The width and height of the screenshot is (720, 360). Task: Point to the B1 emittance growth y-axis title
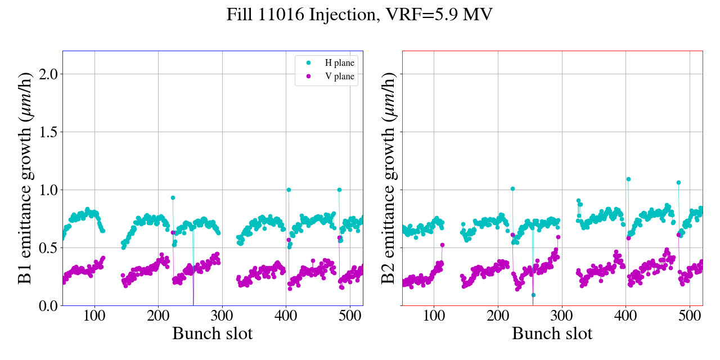point(25,178)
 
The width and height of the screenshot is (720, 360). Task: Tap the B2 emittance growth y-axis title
point(389,178)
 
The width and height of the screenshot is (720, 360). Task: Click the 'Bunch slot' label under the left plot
point(213,334)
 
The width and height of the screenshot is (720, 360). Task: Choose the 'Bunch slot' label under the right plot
point(552,334)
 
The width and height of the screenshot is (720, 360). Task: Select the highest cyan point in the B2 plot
point(628,179)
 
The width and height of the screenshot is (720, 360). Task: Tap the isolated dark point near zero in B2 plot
point(533,295)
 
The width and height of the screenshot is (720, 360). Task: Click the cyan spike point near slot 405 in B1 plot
point(289,190)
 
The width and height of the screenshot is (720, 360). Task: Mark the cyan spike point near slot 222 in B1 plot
point(173,197)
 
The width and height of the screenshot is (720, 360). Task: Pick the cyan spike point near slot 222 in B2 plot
point(512,189)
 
